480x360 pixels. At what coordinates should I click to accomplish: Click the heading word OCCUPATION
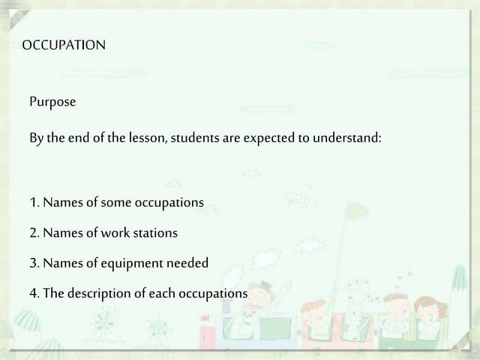(x=64, y=45)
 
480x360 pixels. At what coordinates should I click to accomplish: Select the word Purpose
(x=52, y=101)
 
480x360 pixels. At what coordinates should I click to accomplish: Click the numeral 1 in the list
(x=34, y=202)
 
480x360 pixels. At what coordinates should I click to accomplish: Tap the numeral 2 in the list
(x=34, y=232)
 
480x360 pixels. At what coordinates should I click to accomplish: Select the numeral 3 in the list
(x=34, y=262)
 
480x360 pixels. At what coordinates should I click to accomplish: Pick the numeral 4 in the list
(x=34, y=292)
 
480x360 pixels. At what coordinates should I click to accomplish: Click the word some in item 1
(x=115, y=202)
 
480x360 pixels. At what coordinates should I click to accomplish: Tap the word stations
(x=156, y=232)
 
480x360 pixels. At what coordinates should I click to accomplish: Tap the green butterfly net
(x=356, y=212)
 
